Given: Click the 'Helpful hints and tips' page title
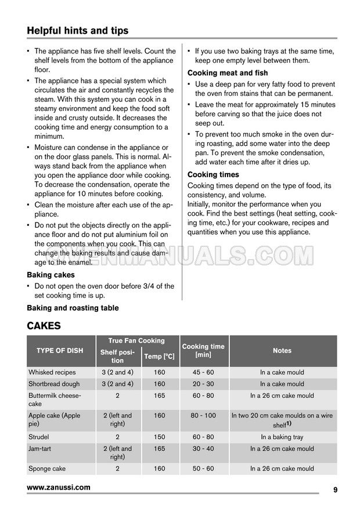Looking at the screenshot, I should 78,30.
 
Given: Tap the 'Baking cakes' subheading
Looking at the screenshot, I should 51,275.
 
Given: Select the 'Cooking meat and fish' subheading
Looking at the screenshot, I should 228,73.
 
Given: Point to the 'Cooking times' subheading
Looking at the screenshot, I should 213,174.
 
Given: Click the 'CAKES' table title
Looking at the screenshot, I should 44,326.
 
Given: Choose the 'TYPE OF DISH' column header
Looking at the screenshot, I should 60,351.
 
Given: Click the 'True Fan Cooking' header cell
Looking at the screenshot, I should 136,341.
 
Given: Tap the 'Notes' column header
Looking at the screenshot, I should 282,351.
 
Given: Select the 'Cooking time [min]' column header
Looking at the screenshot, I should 203,350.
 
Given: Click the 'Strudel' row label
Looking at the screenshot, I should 39,437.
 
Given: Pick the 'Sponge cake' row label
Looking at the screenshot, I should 47,469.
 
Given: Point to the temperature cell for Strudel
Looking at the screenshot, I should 159,437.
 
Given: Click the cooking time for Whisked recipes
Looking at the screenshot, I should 203,372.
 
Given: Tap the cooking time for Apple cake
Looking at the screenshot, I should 203,416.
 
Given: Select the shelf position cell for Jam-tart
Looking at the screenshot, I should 117,452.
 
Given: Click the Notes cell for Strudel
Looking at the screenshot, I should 282,437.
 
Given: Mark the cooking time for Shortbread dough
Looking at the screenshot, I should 203,384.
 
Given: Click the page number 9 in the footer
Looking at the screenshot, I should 336,490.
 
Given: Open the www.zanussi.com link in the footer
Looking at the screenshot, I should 59,488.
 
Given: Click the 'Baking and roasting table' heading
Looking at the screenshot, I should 73,308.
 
